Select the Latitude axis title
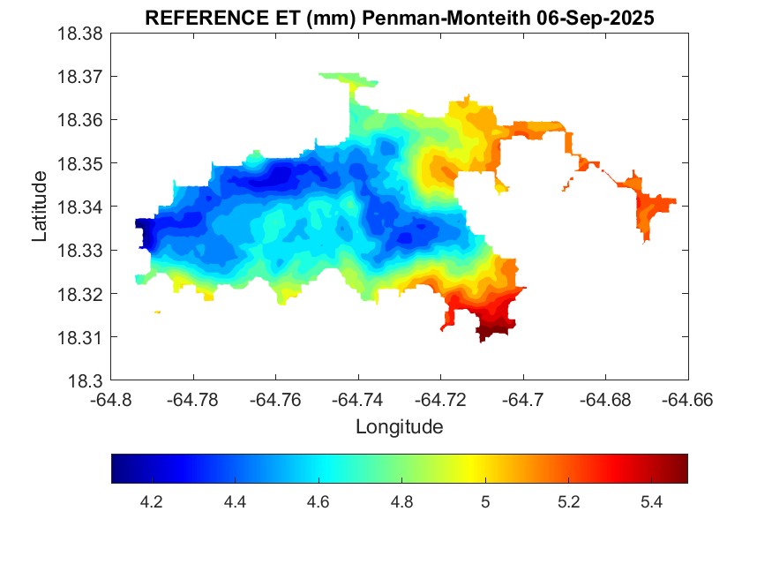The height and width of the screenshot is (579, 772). pyautogui.click(x=40, y=207)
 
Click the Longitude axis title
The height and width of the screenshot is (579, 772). pyautogui.click(x=399, y=427)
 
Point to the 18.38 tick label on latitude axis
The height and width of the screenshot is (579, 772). pyautogui.click(x=80, y=33)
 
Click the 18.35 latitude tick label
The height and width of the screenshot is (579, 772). pyautogui.click(x=80, y=163)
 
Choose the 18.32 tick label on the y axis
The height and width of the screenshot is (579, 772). pyautogui.click(x=80, y=294)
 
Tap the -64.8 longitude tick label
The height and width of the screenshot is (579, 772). pyautogui.click(x=112, y=400)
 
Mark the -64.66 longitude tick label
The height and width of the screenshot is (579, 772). pyautogui.click(x=687, y=400)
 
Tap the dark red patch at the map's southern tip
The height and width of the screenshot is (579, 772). pyautogui.click(x=494, y=332)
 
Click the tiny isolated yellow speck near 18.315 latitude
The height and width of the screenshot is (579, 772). pyautogui.click(x=157, y=312)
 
